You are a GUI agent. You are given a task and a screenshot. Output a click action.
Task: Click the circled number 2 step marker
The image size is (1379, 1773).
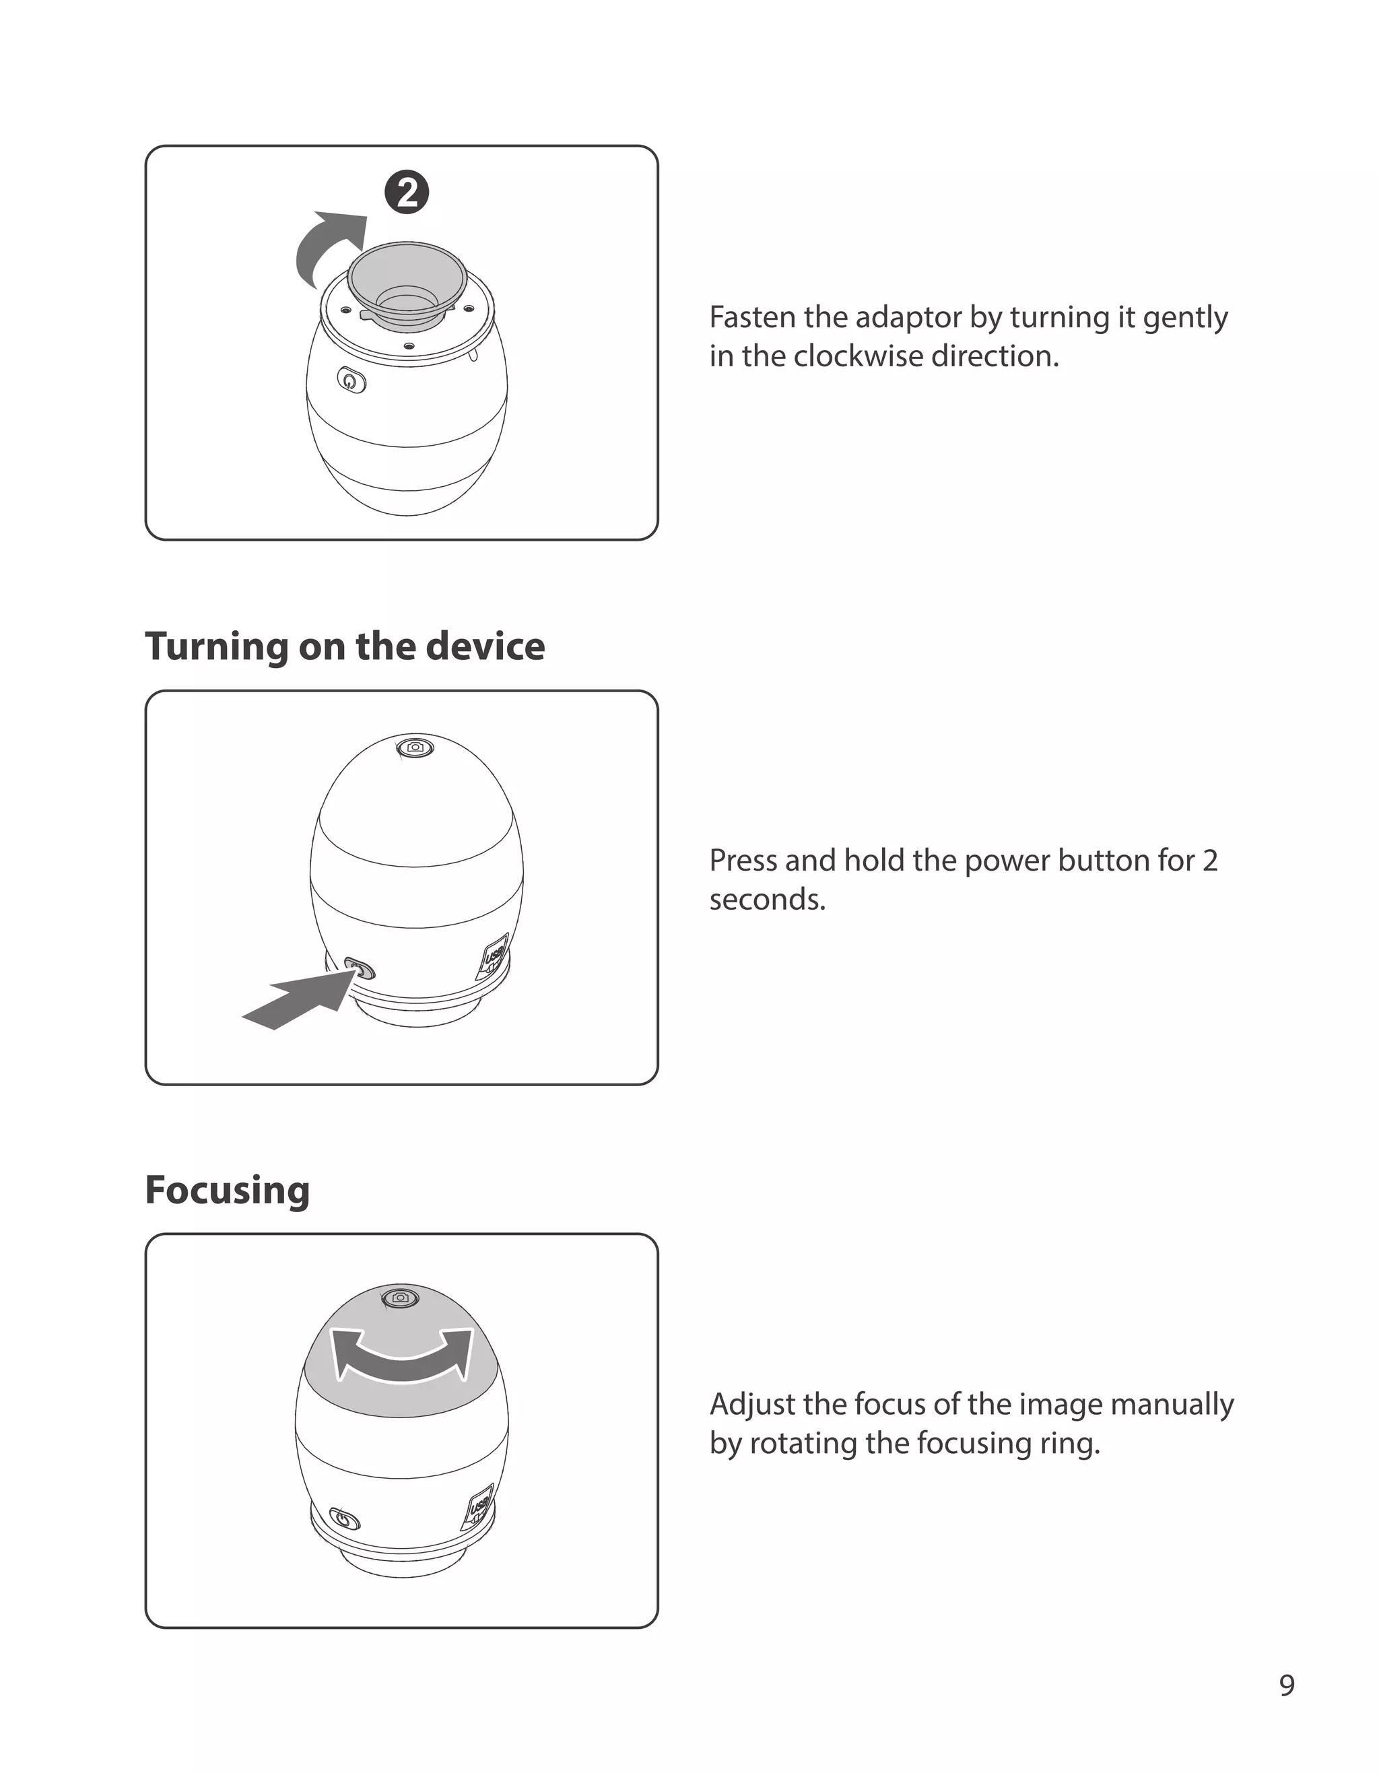point(407,193)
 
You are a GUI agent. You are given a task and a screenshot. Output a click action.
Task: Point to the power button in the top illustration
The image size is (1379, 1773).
point(351,380)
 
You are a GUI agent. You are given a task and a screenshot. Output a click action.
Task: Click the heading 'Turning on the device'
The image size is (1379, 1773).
point(345,646)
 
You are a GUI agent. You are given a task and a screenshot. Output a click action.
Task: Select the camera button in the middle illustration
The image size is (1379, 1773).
point(415,747)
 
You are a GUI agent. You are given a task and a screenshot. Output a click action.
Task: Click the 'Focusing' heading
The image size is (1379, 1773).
point(228,1190)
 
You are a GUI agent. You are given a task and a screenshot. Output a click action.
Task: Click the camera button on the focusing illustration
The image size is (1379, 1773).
point(400,1298)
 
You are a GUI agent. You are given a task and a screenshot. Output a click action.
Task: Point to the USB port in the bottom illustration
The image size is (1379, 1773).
point(479,1509)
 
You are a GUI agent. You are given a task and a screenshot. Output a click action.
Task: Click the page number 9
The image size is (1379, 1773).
point(1287,1686)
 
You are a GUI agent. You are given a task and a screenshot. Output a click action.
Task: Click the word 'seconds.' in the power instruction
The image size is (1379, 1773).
point(767,900)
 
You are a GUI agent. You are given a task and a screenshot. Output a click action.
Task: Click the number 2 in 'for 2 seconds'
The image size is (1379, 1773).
point(1209,861)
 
